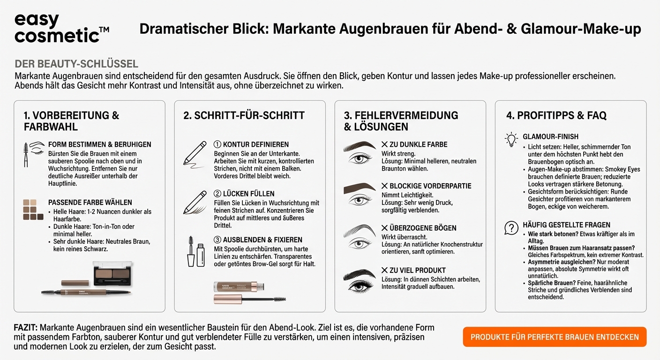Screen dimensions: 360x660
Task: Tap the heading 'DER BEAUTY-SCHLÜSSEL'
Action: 76,64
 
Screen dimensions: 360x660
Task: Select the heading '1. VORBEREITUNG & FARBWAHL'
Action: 71,121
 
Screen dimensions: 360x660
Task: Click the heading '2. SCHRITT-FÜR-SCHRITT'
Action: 244,115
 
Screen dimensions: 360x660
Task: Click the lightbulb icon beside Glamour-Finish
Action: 510,139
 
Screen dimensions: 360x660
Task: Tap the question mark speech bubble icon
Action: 510,228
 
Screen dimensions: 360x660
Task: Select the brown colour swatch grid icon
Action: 33,210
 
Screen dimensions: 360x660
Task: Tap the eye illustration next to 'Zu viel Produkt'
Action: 360,280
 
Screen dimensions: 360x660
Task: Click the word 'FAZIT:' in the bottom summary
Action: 26,328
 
